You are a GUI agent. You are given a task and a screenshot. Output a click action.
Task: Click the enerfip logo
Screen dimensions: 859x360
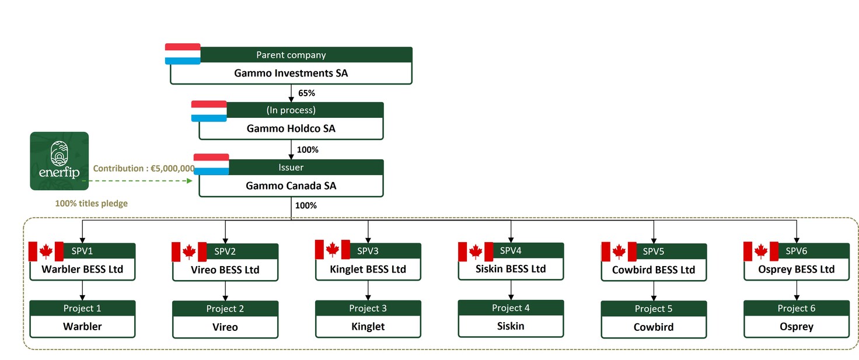(60, 161)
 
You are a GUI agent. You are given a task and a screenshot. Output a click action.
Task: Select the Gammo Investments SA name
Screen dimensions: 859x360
(291, 73)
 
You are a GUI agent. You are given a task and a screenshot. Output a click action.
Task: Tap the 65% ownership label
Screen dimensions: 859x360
(306, 93)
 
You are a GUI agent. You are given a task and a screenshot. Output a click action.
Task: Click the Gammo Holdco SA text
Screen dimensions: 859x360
(291, 128)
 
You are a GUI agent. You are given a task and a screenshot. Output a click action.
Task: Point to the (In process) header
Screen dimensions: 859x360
(291, 110)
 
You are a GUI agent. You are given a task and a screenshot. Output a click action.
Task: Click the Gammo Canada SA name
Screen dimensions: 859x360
(291, 186)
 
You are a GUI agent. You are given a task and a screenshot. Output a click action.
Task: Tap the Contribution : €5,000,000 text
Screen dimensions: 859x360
(144, 168)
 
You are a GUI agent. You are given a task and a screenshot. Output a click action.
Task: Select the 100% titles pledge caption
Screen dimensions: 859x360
(91, 203)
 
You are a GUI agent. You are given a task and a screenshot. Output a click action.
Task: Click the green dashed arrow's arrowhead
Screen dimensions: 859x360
(190, 180)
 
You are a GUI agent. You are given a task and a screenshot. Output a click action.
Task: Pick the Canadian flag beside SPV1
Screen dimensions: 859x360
(46, 251)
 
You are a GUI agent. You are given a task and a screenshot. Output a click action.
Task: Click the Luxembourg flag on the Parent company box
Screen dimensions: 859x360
(183, 54)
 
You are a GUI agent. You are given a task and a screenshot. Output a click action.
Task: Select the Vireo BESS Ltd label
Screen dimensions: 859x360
(225, 270)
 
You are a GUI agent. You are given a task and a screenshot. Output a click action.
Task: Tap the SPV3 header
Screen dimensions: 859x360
(368, 251)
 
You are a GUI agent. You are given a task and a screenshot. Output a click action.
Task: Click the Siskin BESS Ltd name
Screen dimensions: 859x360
(511, 269)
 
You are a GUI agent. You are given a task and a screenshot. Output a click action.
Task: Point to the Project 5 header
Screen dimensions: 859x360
(654, 309)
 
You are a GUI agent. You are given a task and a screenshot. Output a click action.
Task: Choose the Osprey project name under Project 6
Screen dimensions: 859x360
(797, 327)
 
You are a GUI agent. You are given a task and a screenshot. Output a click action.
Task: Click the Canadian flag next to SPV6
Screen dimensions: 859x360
(761, 251)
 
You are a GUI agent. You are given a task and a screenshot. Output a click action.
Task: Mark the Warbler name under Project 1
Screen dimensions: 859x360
(82, 326)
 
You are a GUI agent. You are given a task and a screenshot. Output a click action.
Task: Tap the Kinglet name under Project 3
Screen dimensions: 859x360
(368, 327)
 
